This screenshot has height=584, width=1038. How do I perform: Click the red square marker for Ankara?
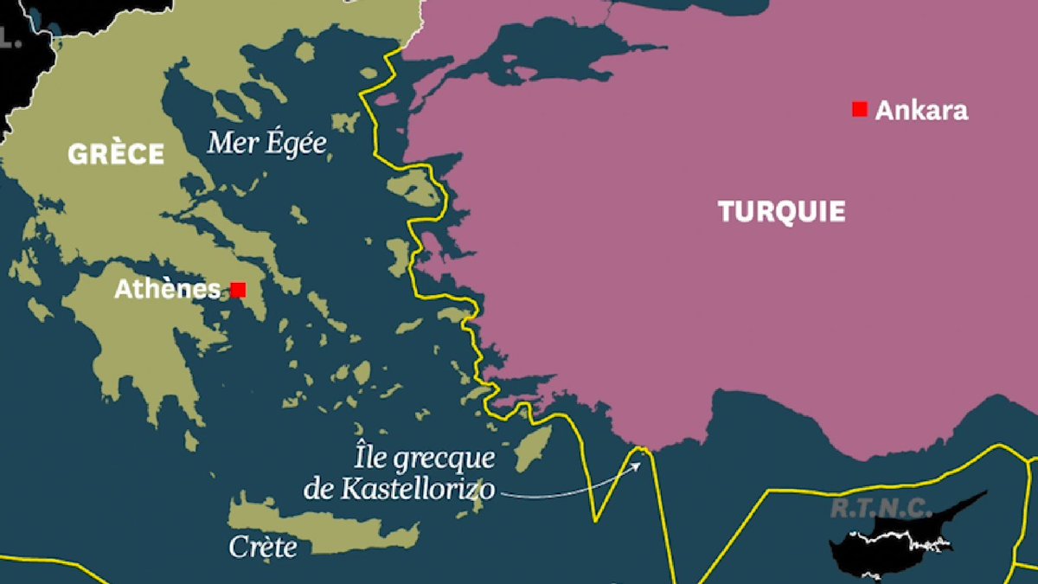point(859,109)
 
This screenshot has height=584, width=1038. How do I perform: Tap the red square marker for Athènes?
point(238,290)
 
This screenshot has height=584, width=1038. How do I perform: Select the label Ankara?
point(921,111)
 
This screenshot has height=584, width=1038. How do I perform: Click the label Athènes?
point(167,290)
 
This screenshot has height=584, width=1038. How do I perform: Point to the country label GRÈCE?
point(116,154)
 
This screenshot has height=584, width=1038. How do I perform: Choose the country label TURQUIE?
point(781,211)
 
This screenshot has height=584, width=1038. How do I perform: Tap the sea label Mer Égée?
point(267,143)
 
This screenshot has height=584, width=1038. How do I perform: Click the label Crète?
point(263,546)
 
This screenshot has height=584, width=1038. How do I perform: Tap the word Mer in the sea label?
point(226,143)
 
